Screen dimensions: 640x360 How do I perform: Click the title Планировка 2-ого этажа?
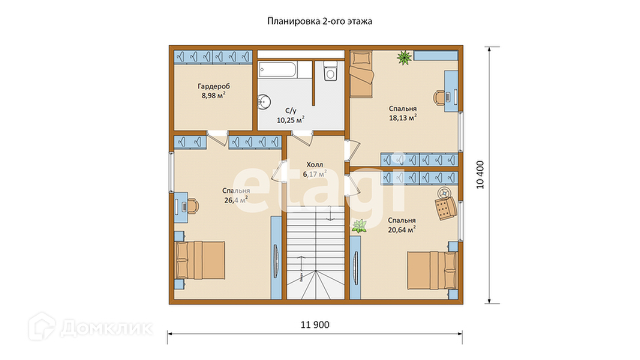(x=320, y=21)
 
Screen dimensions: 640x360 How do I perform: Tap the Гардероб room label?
(x=214, y=86)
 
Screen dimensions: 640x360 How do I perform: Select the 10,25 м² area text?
(x=290, y=120)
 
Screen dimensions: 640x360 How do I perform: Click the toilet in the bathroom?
(x=330, y=70)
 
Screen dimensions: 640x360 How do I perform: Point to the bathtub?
(x=278, y=70)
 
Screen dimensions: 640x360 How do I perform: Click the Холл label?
(x=314, y=164)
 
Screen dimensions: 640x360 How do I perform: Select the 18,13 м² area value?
(x=402, y=118)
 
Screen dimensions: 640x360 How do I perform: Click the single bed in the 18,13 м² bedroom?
(x=361, y=74)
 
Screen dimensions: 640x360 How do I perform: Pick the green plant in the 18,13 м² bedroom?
(x=404, y=57)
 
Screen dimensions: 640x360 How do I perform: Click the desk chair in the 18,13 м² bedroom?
(x=440, y=97)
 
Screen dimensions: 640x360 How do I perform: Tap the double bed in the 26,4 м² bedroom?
(x=200, y=260)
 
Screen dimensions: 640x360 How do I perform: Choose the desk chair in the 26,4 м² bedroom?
(x=192, y=205)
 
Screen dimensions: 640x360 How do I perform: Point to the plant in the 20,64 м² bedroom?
(x=359, y=226)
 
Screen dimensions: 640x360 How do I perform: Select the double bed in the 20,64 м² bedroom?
(x=432, y=270)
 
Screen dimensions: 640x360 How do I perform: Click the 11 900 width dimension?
(x=314, y=325)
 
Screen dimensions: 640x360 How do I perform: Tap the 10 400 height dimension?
(x=480, y=175)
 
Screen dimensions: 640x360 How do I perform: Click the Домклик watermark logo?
(x=91, y=326)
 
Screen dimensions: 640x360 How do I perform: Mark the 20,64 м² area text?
(x=401, y=229)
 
